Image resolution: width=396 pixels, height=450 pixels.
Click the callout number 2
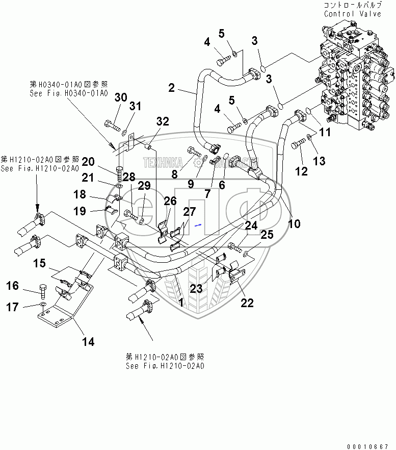pos(172,88)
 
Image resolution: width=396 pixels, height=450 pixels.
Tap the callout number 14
pos(88,341)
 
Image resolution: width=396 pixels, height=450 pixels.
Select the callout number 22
pos(247,303)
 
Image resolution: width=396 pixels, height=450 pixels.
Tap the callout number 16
pos(12,286)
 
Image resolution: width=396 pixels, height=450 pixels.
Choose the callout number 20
pos(89,162)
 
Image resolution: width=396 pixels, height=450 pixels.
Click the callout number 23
pos(196,289)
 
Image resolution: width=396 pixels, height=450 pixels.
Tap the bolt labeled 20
pos(119,173)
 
